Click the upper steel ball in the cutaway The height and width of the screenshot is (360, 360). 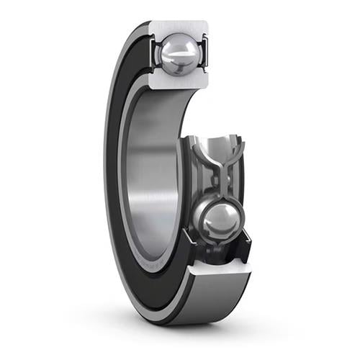pos(178,55)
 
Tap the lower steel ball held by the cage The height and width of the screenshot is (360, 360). pos(219,220)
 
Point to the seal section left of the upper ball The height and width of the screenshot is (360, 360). pos(153,54)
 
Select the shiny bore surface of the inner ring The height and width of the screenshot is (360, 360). pos(148,180)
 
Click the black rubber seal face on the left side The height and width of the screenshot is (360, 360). pos(119,180)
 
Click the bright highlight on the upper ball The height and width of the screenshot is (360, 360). pos(174,49)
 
